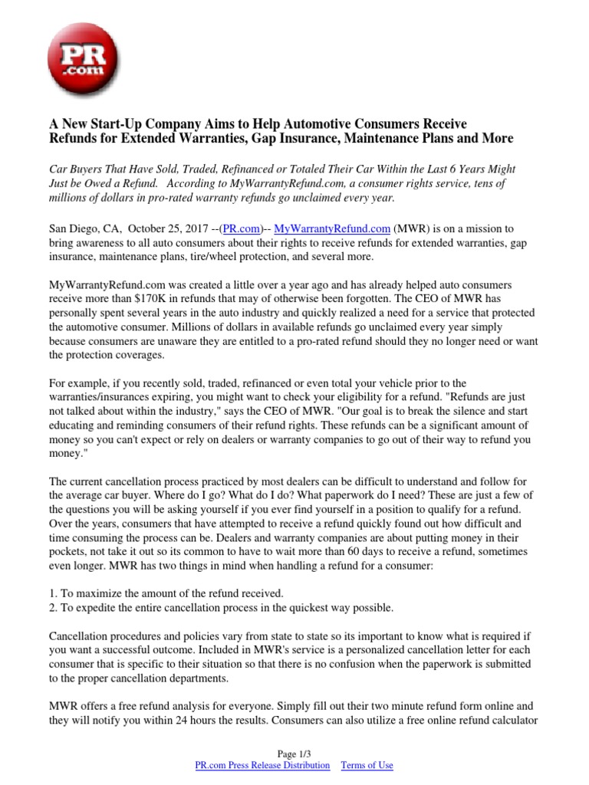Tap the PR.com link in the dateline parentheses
(243, 228)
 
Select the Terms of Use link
(367, 765)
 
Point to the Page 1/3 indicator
(294, 754)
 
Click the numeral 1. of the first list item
(53, 593)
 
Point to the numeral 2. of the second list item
(53, 607)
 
